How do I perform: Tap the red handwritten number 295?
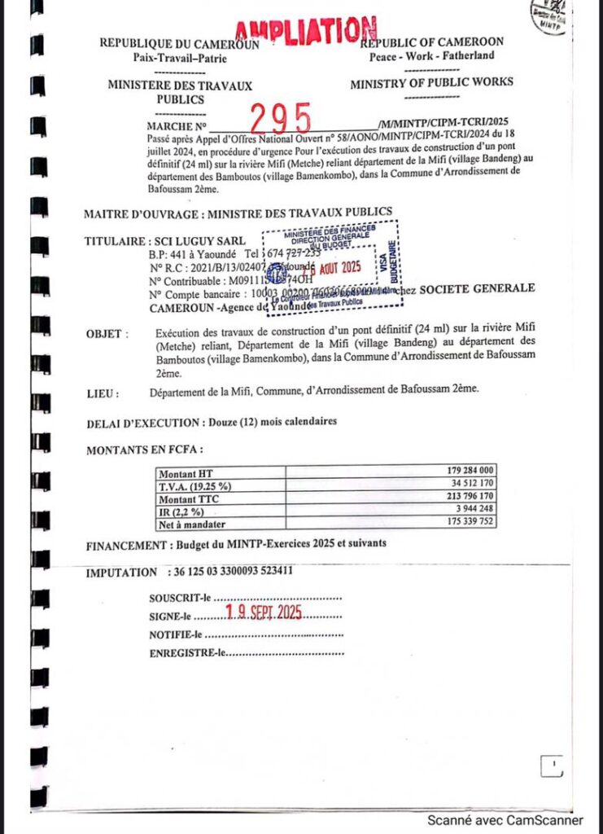280,121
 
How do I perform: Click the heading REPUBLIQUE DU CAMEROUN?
179,44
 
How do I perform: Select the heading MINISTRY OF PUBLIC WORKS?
431,82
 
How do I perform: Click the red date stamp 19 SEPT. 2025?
264,613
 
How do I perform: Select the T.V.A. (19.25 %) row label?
195,486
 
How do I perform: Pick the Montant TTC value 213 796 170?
465,498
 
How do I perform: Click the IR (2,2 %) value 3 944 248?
472,511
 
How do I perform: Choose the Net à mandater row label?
192,525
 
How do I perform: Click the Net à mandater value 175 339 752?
465,524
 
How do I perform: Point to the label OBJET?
107,334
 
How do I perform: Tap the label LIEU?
103,393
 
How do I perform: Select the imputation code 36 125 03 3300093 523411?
235,572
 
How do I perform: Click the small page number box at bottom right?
551,766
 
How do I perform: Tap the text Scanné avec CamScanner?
505,821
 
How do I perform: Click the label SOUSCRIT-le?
180,599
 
